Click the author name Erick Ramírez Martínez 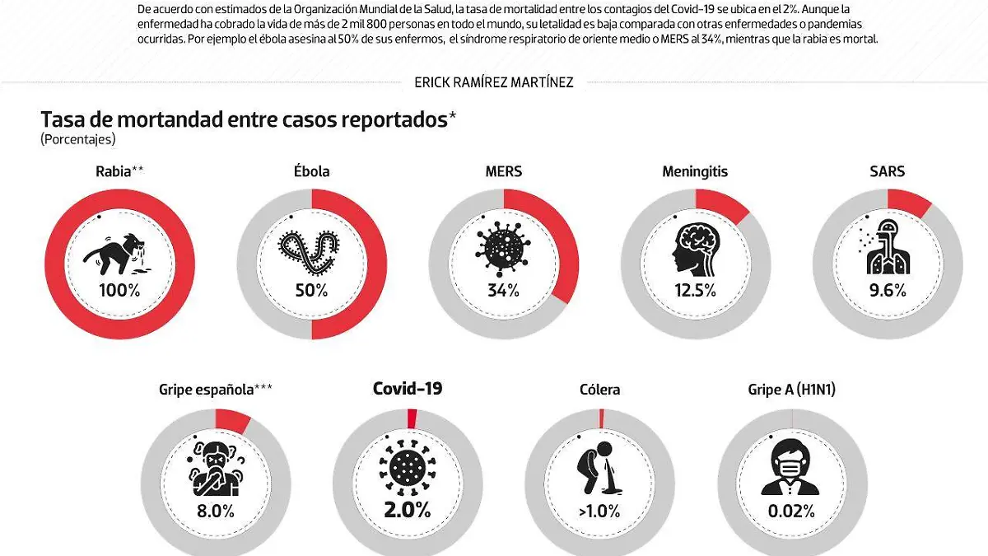[x=494, y=82]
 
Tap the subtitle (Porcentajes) [x=78, y=139]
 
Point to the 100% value [x=119, y=290]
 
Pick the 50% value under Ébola [x=311, y=290]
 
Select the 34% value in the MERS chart [x=503, y=290]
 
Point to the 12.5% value [x=695, y=290]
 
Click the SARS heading [x=887, y=171]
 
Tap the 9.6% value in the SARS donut [x=887, y=290]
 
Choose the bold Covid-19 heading [x=408, y=389]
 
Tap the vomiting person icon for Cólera [x=598, y=467]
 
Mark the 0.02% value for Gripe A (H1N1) [x=791, y=511]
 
